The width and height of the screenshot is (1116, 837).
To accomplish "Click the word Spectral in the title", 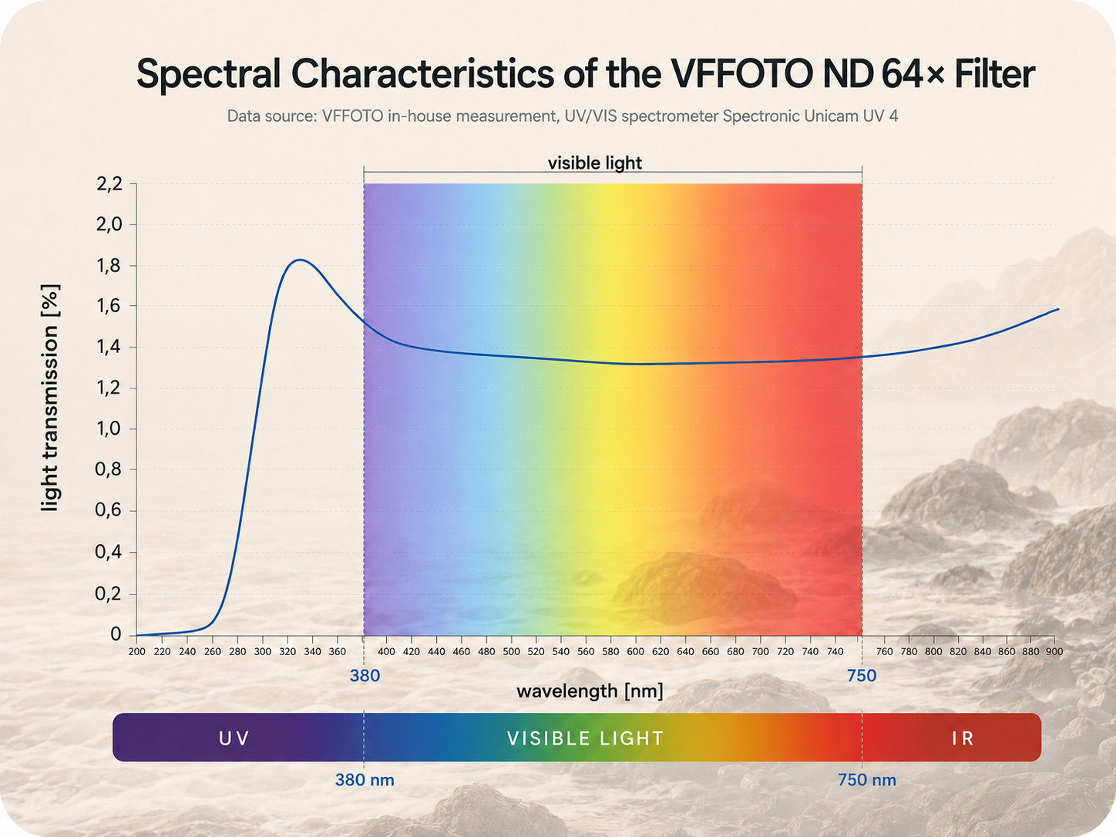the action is tap(208, 75).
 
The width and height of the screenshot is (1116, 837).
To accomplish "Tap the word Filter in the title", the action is tap(994, 74).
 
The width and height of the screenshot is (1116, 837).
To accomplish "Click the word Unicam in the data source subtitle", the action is tap(831, 116).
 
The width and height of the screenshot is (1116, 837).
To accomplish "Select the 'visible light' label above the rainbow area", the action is tap(595, 163).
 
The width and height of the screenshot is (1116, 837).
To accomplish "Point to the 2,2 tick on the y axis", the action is tap(109, 184).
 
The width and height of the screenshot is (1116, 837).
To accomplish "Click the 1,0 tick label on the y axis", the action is tap(109, 429).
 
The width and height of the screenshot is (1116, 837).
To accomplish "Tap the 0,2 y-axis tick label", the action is tap(109, 593).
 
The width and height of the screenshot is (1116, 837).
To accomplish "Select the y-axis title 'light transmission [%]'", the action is tap(50, 398).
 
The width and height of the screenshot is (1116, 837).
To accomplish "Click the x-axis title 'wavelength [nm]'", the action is tap(590, 691).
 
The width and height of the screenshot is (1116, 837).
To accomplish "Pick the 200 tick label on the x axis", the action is tap(136, 651).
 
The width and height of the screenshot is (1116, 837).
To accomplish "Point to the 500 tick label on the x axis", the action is tap(511, 651).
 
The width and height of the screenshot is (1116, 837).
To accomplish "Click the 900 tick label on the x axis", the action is tap(1054, 651).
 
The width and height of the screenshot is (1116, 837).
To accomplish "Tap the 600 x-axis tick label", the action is tap(636, 651).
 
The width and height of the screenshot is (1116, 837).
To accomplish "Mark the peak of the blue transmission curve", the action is tap(301, 261).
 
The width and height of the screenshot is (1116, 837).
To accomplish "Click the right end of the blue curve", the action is tap(1058, 309).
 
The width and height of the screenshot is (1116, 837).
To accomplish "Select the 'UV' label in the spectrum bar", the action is tap(234, 738).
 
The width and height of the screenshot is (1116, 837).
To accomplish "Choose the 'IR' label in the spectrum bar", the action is tap(963, 738).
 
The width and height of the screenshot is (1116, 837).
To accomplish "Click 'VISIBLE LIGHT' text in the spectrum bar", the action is tap(585, 738).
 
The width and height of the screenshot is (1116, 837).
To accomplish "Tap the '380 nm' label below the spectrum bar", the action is tap(365, 780).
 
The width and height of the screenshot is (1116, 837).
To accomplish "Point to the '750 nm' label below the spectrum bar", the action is tap(867, 780).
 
